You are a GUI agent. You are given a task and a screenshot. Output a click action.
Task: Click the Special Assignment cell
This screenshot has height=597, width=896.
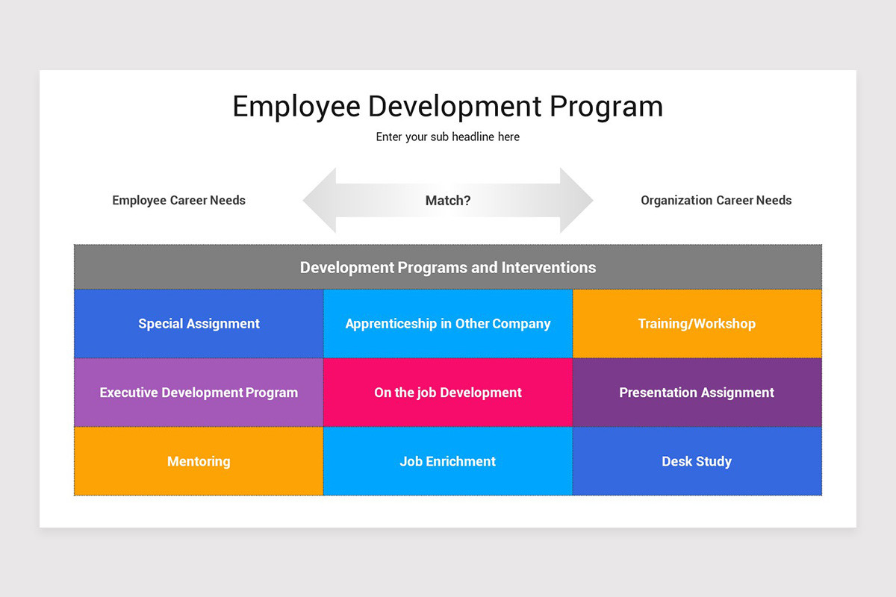[199, 324]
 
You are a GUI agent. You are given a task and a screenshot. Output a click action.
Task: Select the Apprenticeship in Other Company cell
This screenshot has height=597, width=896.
[448, 324]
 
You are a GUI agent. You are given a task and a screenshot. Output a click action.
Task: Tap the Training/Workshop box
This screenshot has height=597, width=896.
[697, 324]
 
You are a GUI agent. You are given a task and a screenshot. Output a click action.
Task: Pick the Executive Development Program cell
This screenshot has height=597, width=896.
[199, 393]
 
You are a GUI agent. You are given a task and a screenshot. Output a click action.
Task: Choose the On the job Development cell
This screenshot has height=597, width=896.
[448, 393]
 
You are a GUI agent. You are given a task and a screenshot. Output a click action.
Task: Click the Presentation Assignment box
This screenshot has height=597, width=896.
[697, 393]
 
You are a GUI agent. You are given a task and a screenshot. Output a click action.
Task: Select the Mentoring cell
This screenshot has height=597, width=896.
[199, 461]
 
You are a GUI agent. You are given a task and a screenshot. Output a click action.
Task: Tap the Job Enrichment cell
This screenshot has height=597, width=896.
[448, 461]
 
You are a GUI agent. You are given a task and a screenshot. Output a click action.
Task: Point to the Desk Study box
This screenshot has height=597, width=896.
[697, 461]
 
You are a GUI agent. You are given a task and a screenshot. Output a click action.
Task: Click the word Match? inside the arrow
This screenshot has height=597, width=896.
[448, 201]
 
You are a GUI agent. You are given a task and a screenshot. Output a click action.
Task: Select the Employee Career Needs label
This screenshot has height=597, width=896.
[178, 200]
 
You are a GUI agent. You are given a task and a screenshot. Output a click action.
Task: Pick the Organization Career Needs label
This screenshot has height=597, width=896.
[716, 200]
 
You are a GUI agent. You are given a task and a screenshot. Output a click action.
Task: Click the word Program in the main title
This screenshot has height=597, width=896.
[606, 107]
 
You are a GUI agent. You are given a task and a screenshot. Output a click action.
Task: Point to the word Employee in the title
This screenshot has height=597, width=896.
[296, 107]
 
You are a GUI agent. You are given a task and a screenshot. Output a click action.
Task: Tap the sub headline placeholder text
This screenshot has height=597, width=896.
[448, 137]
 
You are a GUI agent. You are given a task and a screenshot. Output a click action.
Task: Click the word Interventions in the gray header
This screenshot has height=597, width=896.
[549, 267]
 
